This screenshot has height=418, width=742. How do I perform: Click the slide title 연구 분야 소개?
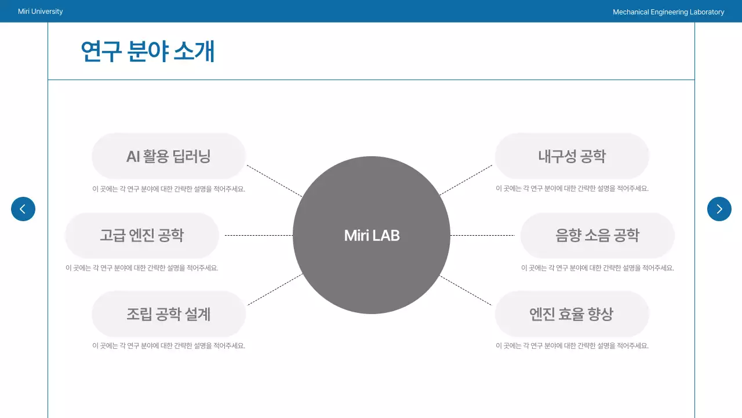click(x=148, y=52)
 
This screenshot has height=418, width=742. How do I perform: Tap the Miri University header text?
click(x=41, y=12)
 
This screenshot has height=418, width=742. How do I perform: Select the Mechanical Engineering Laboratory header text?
click(x=668, y=12)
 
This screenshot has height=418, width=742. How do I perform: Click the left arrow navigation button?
click(x=23, y=209)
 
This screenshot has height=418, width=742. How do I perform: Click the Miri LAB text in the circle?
click(x=372, y=235)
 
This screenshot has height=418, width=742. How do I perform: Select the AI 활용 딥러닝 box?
click(x=169, y=156)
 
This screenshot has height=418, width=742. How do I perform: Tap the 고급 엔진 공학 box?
click(x=142, y=235)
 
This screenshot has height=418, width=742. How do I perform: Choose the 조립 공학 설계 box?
click(x=169, y=314)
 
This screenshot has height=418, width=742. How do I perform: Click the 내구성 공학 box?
click(x=572, y=156)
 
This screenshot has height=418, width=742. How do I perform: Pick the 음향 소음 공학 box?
click(x=597, y=235)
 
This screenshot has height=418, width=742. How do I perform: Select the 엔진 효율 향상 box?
click(x=572, y=314)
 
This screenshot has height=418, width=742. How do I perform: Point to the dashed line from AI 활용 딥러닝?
click(x=274, y=181)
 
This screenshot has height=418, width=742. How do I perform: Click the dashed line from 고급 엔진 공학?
click(x=259, y=235)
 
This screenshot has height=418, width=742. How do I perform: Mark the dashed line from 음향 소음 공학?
click(x=482, y=235)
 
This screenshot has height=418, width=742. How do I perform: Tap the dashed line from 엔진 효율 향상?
click(x=465, y=290)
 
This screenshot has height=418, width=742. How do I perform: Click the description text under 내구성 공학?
click(x=572, y=189)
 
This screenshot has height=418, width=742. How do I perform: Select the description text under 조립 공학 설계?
click(x=169, y=346)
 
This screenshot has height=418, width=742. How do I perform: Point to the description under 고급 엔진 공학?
click(x=142, y=268)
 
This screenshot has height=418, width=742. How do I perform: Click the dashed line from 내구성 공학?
click(x=465, y=180)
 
